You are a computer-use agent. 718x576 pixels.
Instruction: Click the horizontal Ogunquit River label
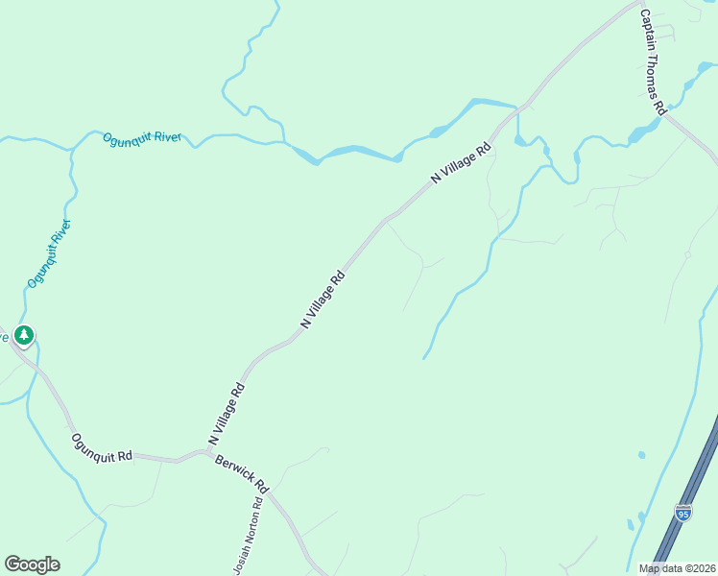[x=142, y=138]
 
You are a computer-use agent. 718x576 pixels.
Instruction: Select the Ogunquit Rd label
[x=101, y=447]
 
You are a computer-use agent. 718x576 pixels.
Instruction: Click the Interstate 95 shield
[x=682, y=513]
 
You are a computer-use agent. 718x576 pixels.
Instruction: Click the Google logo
[x=32, y=564]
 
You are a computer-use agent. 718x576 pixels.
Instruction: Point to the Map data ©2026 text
[x=676, y=568]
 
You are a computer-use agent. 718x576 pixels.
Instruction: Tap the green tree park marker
[x=24, y=336]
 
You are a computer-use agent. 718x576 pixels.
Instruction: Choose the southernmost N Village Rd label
[x=227, y=414]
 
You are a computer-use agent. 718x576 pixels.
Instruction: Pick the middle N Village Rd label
[x=323, y=300]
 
